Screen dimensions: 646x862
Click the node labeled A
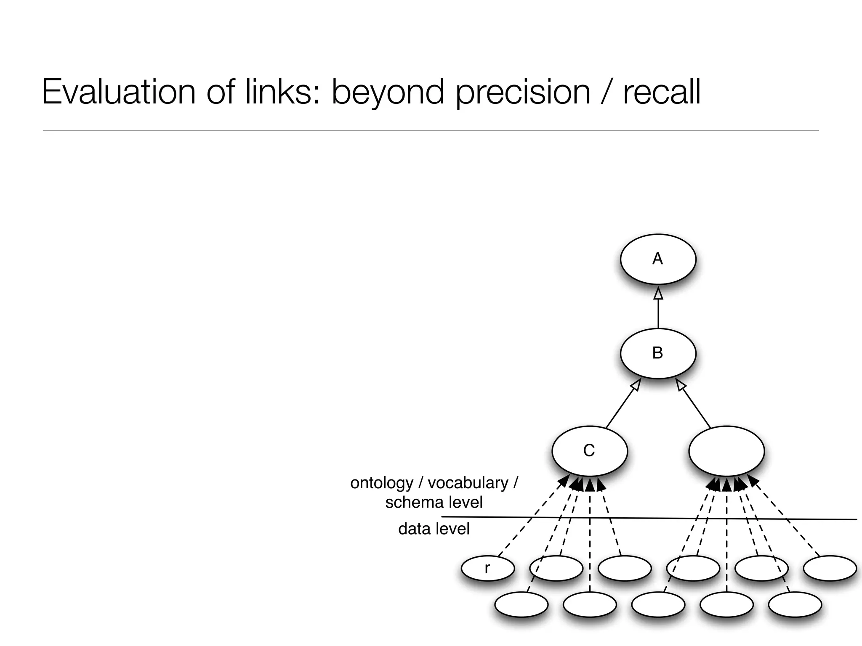pos(658,259)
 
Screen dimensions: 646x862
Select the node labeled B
pos(658,353)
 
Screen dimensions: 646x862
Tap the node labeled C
pos(589,451)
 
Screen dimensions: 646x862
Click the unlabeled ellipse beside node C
pos(726,451)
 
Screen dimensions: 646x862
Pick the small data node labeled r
pos(487,568)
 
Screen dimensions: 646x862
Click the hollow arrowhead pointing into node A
pos(658,294)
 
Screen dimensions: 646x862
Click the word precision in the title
pos(523,93)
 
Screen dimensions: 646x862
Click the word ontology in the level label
pos(382,483)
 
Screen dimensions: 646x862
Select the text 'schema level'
pos(434,502)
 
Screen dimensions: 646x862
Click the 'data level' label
pos(434,529)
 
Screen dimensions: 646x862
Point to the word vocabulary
pos(468,483)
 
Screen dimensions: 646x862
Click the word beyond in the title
pos(388,93)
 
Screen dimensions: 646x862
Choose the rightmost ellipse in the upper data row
pos(830,568)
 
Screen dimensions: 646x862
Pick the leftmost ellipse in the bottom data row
pos(521,604)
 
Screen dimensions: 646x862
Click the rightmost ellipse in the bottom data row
pos(795,604)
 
